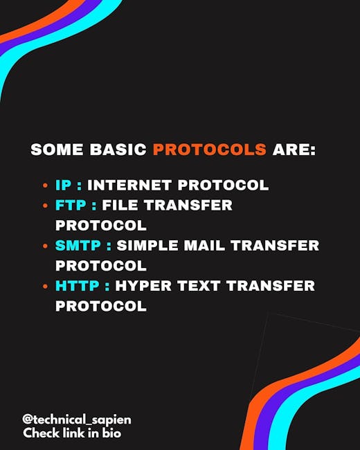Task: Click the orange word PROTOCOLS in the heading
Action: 210,150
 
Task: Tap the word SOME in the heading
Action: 57,150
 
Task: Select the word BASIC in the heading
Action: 118,150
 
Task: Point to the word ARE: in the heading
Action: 294,150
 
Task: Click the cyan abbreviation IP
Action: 64,185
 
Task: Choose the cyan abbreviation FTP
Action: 71,205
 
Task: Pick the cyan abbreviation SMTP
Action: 78,245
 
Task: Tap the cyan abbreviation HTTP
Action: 78,286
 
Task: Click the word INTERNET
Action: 129,185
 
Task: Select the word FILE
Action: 120,205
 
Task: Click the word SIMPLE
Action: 147,245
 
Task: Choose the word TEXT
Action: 199,286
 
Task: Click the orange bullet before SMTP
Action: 45,246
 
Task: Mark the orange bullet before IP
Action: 45,186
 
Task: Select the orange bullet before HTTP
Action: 45,287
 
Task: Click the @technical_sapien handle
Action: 77,420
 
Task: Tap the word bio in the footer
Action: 111,433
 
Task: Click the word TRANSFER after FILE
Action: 188,205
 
